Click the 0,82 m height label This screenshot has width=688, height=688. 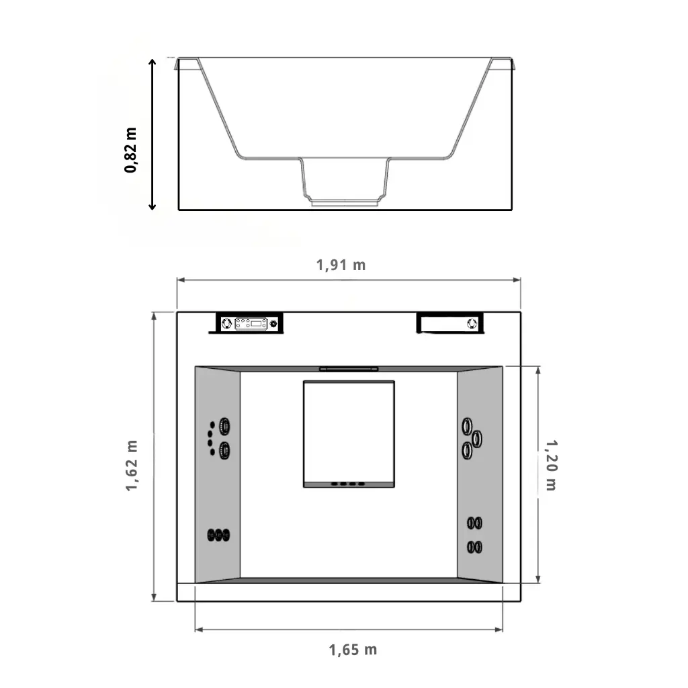tap(131, 150)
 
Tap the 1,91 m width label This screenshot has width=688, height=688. tap(341, 265)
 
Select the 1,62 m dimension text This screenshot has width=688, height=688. tap(132, 466)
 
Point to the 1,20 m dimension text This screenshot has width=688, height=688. tap(551, 465)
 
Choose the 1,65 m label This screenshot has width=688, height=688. tap(353, 650)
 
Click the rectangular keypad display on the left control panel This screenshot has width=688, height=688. tap(251, 324)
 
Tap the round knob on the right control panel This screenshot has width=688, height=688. tap(472, 324)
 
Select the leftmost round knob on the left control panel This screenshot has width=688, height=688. tap(226, 324)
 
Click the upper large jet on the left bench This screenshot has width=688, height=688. tap(224, 426)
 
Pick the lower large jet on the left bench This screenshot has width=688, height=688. tap(224, 450)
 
